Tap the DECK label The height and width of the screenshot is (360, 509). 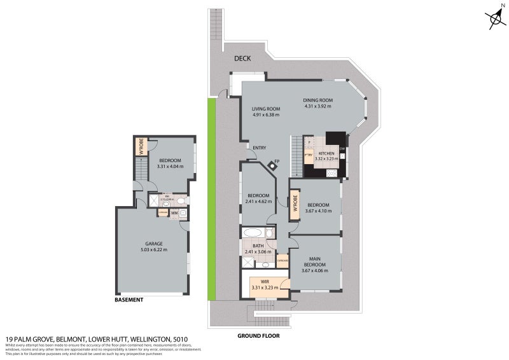[242, 59]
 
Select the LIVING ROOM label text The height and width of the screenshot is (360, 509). [266, 109]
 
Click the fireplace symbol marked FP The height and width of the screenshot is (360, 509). [273, 165]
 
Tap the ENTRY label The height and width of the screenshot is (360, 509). [259, 148]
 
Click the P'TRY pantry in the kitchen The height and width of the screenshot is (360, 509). [309, 154]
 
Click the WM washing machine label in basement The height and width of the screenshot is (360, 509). [173, 213]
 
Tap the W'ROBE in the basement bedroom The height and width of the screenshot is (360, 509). [141, 147]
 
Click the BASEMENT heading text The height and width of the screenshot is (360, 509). [129, 300]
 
